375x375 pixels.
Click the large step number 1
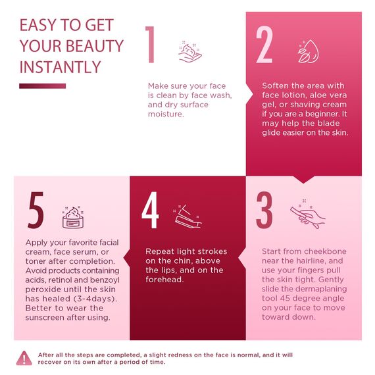151,45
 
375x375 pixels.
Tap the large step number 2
264,45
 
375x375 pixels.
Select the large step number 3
264,211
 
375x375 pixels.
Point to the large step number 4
150,211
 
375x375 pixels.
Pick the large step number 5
36,211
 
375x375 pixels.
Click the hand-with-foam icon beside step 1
190,52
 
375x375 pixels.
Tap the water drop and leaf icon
309,51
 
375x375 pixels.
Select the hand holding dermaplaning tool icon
307,214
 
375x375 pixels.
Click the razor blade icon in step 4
187,216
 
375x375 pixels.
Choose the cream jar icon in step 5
73,217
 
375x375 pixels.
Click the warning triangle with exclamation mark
24,359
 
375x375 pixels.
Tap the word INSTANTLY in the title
60,67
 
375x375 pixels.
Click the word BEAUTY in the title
95,46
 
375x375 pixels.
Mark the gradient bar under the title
43,86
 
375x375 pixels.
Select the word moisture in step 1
166,114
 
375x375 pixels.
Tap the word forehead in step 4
164,280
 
